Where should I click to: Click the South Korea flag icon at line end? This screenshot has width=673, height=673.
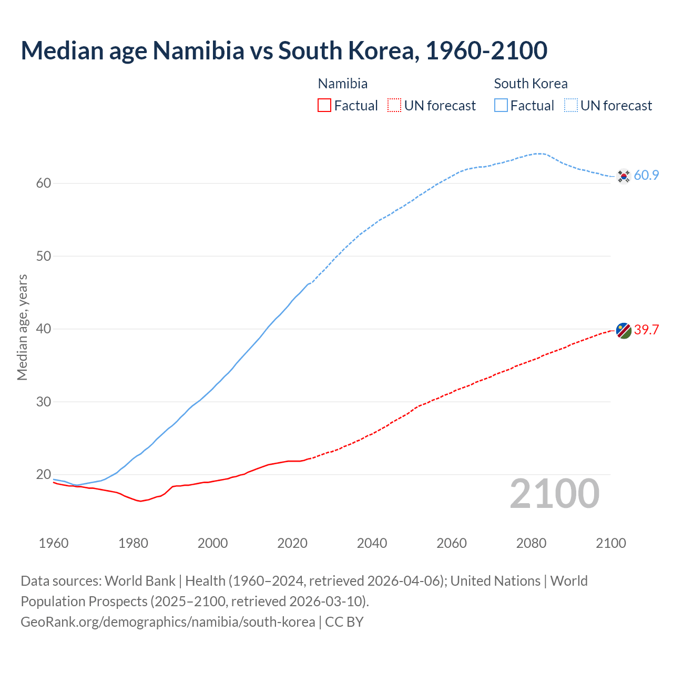click(624, 176)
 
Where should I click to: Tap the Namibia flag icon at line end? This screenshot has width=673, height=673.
click(624, 331)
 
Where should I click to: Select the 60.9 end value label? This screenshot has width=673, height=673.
click(646, 176)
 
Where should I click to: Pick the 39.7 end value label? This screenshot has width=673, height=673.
click(646, 330)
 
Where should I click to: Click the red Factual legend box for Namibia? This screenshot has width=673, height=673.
click(324, 106)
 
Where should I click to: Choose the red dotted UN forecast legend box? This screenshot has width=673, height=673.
click(394, 106)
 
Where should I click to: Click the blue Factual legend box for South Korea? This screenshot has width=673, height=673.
click(501, 106)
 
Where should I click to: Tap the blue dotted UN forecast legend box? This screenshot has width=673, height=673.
click(571, 106)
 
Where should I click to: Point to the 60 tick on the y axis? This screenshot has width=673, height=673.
click(44, 183)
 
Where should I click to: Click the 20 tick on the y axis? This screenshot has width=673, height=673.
click(44, 475)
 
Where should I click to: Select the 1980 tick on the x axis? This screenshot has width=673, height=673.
click(133, 543)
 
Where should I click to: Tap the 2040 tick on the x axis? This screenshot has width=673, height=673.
click(372, 543)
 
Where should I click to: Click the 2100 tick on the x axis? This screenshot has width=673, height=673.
click(611, 543)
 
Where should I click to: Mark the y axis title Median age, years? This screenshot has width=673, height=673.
click(22, 327)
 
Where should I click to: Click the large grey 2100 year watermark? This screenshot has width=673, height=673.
click(555, 494)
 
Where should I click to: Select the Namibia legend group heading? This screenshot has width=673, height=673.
click(343, 84)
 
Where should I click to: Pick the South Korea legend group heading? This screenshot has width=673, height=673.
click(531, 84)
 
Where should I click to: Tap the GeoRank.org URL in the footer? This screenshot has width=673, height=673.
click(168, 622)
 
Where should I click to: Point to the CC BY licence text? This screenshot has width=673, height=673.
click(344, 622)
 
